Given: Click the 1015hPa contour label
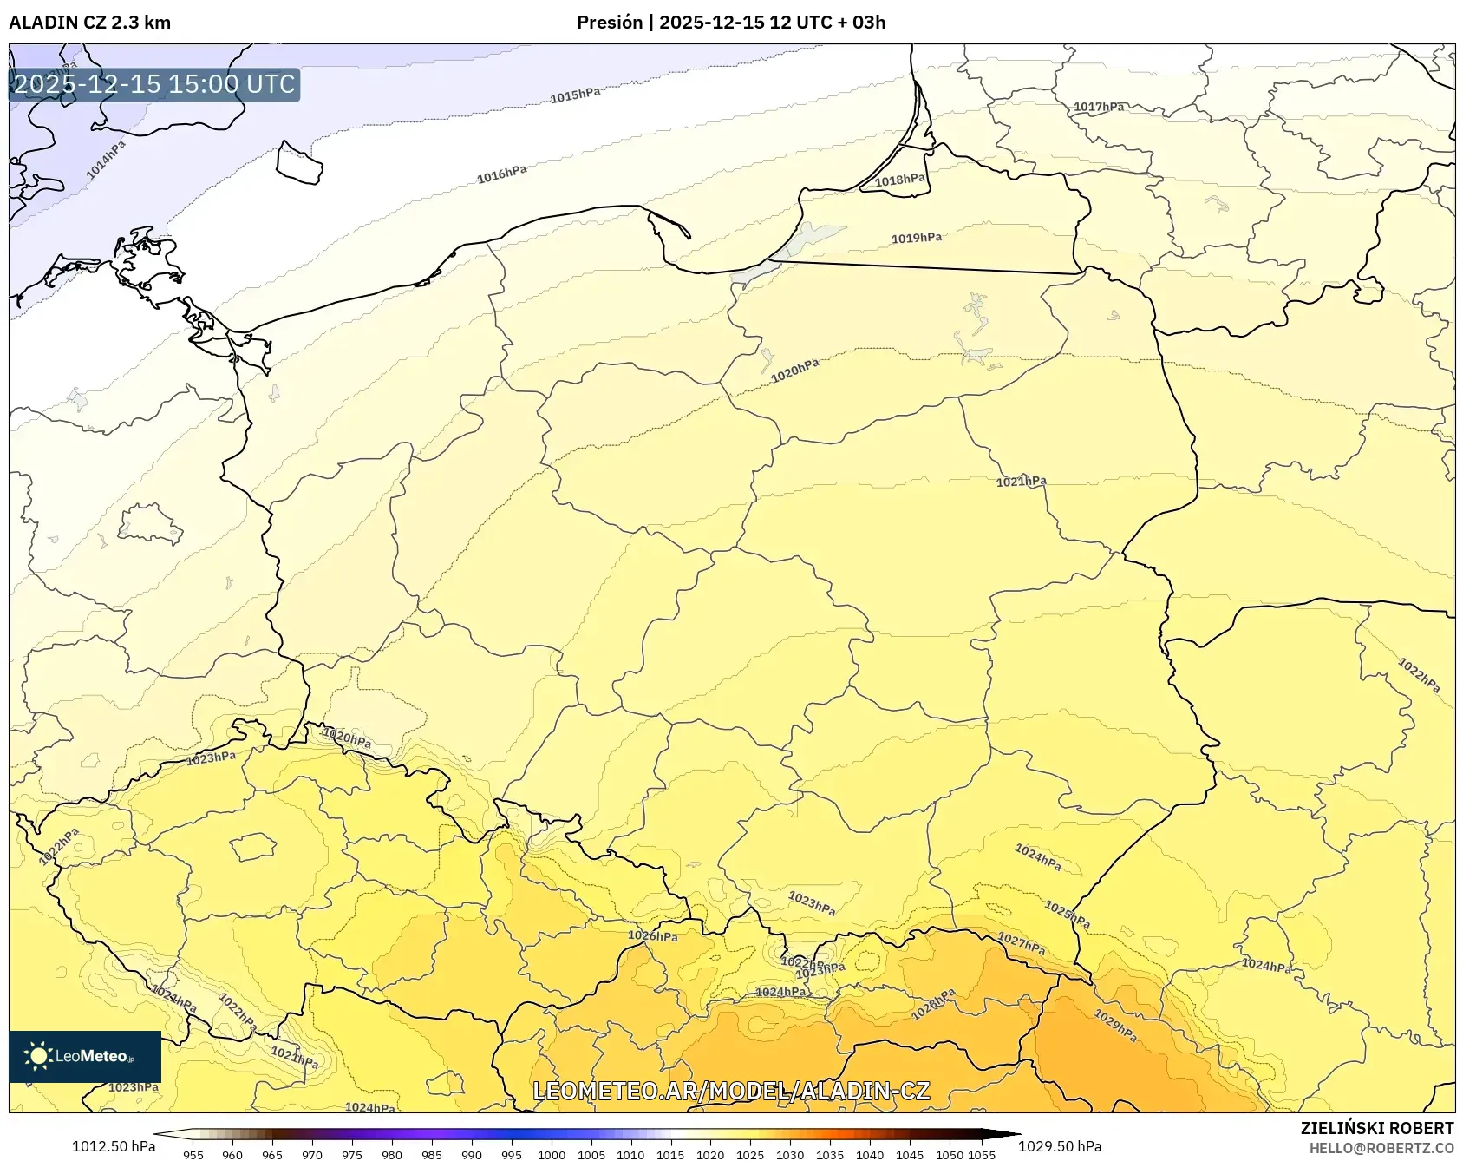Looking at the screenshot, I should (x=575, y=95).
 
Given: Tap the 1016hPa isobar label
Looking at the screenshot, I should (x=501, y=175).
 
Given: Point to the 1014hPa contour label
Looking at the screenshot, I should (x=106, y=160).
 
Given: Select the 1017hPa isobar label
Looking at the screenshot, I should (x=1099, y=108).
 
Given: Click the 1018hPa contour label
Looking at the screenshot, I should (x=899, y=180).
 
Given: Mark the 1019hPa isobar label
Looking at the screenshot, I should (x=916, y=239).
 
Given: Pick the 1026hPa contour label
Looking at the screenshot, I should (x=653, y=935).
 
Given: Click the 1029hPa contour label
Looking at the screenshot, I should (x=1115, y=1026).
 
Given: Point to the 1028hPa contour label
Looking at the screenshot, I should (x=933, y=1004).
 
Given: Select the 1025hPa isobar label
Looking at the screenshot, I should (x=1067, y=913).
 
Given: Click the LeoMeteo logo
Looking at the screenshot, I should (x=84, y=1056).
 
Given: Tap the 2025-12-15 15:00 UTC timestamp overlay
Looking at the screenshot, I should (x=154, y=84).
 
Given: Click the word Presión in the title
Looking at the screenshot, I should (x=610, y=23).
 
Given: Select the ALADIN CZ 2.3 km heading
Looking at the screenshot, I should (x=90, y=23).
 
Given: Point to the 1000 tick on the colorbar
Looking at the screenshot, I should (x=552, y=1155).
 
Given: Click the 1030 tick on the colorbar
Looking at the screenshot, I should (x=790, y=1155).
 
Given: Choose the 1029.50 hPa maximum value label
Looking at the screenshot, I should (x=1060, y=1146).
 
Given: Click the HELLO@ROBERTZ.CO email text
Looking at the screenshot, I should (x=1381, y=1148).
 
